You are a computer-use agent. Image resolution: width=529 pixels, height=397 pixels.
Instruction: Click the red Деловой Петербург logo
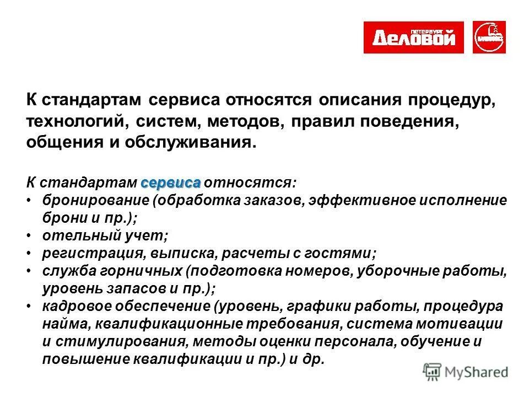click(x=413, y=37)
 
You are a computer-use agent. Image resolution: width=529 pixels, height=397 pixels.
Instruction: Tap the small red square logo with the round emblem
click(x=489, y=37)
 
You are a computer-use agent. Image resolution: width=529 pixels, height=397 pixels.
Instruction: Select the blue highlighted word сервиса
click(x=171, y=183)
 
